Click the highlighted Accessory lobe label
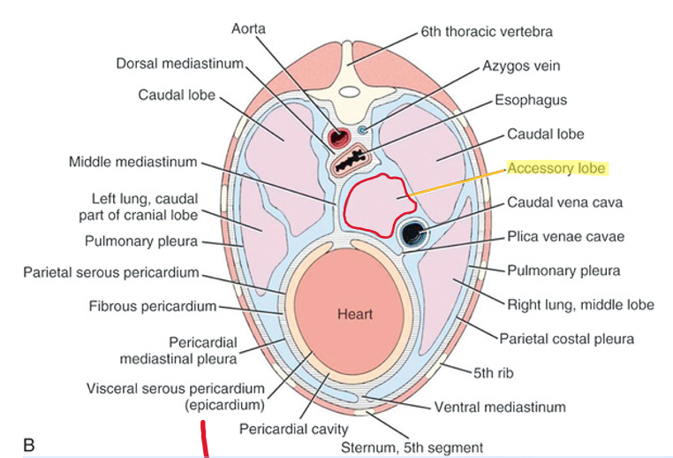(556, 168)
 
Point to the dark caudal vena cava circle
(413, 233)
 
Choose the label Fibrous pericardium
(153, 307)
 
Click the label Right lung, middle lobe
(580, 305)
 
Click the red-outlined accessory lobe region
(375, 206)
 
